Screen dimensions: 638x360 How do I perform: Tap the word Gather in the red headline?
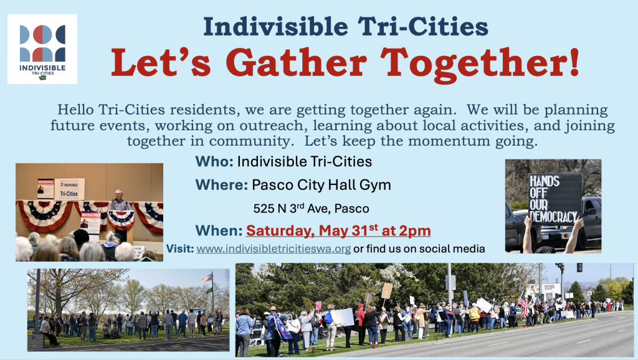point(296,63)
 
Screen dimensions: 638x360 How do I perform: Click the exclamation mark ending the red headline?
point(574,62)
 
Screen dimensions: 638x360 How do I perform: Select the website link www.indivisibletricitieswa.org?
point(274,249)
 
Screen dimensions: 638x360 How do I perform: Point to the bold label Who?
point(214,161)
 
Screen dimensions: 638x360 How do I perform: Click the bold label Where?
point(221,185)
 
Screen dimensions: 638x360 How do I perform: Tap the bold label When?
point(219,230)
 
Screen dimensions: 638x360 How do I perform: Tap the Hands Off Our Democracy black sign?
point(555,199)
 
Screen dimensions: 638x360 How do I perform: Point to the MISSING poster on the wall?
point(45,189)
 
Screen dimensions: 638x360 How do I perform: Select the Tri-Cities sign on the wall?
point(69,189)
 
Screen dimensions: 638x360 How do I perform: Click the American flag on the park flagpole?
point(207,278)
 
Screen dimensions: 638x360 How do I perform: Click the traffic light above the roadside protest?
point(579,268)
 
